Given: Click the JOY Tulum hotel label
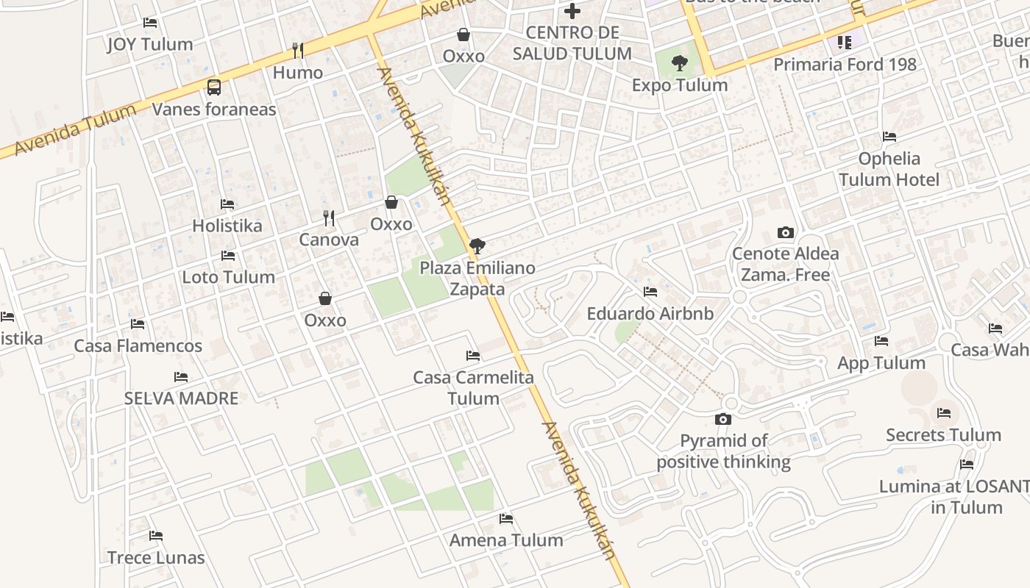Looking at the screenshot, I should (150, 44).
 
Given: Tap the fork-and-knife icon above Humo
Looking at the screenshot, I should (297, 50).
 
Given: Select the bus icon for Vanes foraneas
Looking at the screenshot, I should (214, 87).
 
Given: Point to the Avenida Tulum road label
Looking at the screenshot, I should (75, 129).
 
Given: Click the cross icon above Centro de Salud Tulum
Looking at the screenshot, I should (572, 11).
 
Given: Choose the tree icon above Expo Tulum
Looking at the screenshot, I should (680, 63).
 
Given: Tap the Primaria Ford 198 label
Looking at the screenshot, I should (845, 65).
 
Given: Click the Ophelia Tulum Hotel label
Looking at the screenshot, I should (889, 169).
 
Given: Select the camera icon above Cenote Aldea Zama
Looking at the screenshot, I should (786, 233).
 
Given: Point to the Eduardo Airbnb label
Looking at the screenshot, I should (650, 314).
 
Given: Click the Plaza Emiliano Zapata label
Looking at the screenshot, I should (477, 278).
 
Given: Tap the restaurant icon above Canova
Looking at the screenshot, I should (329, 218).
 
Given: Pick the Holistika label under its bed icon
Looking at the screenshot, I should (227, 226).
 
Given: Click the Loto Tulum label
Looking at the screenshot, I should (228, 277).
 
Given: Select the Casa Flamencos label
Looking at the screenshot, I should (138, 346).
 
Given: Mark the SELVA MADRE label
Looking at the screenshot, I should (181, 398).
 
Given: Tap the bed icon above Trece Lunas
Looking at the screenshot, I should (156, 535).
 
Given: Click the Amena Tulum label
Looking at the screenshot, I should (506, 540).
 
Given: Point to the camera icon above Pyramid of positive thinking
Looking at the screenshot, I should (723, 419).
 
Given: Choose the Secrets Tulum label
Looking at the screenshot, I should (943, 435).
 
